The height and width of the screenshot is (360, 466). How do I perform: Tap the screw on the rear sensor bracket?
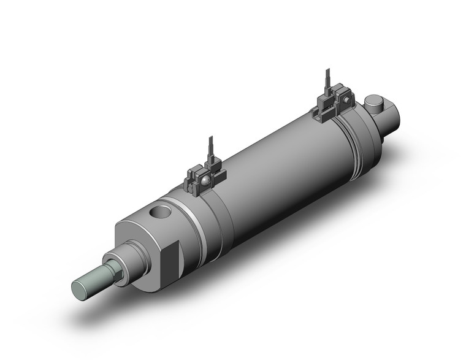point(347,99)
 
